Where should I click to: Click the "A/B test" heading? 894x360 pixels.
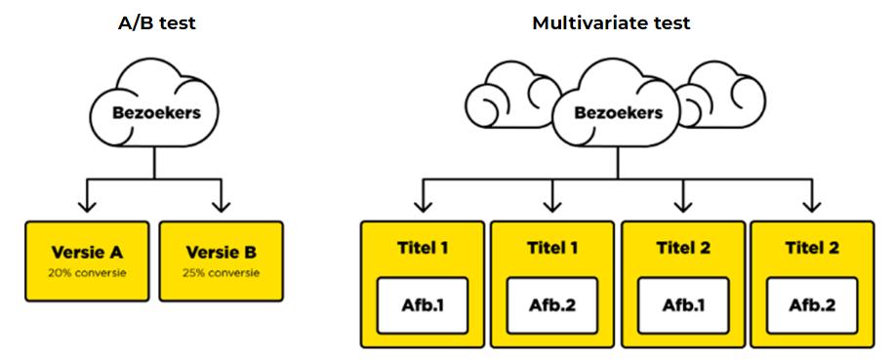point(156,23)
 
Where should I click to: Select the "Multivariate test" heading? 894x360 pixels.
point(611,23)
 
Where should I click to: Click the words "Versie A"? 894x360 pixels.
point(87,252)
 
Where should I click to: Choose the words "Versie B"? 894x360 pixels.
point(222,252)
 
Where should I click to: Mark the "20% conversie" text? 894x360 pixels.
point(87,273)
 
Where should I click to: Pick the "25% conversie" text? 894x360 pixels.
point(222,273)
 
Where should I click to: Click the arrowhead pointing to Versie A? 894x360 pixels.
point(87,206)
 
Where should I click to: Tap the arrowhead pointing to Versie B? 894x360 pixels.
point(221,206)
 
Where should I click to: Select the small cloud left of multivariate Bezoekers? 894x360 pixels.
point(508,98)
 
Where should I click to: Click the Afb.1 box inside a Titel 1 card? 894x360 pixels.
point(423,305)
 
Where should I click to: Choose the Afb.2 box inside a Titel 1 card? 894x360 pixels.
point(552,305)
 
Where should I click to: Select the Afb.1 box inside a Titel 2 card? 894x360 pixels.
point(683,305)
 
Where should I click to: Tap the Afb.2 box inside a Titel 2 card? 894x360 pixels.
point(812,305)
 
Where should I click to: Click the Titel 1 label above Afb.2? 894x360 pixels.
point(552,249)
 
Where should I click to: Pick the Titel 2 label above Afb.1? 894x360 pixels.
point(683,249)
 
